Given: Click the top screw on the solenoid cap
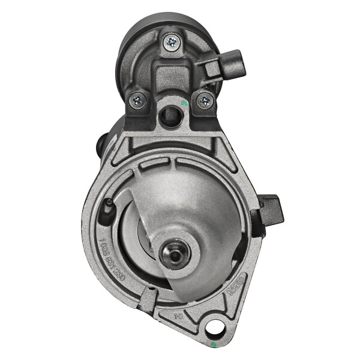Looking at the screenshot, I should pos(172,41).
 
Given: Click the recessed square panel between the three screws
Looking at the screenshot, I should pos(171,78).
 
